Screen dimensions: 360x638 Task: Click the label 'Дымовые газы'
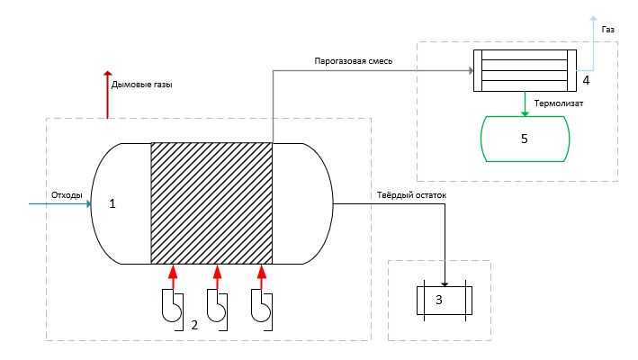coord(141,85)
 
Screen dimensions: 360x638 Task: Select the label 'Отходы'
coord(67,195)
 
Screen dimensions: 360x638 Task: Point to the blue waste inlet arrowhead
coord(88,204)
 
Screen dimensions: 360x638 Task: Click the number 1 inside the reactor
coord(112,204)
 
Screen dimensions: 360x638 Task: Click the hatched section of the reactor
coord(211,203)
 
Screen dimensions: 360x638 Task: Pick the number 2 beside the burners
coord(194,325)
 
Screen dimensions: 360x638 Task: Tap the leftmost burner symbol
coord(172,306)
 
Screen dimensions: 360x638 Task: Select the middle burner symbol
coord(216,306)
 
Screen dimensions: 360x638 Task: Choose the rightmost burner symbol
coord(261,306)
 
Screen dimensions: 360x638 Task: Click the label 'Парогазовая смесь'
coord(353,61)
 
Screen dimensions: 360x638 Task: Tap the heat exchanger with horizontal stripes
coord(526,69)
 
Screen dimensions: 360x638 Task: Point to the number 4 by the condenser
coord(586,80)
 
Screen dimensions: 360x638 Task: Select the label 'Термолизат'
coord(559,103)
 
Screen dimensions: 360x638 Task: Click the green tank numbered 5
coord(526,139)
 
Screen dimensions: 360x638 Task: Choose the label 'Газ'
coord(609,30)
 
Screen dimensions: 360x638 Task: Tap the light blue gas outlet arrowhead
coord(592,18)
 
